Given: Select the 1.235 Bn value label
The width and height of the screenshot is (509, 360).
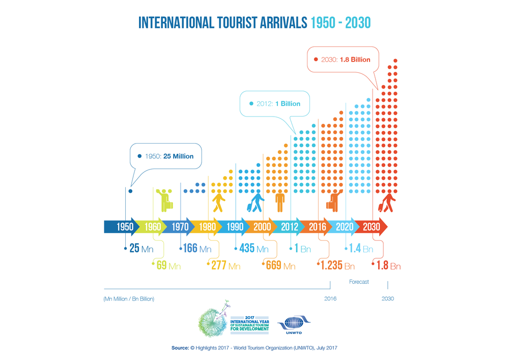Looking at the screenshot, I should (x=337, y=266).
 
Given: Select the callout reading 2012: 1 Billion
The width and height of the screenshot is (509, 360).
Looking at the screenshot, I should (x=275, y=103).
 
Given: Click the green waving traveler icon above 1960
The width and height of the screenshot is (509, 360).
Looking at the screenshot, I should (x=165, y=200).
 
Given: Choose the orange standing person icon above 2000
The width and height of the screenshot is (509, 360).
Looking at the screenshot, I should (x=279, y=201).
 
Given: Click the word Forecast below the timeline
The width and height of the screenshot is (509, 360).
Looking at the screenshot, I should (x=359, y=282).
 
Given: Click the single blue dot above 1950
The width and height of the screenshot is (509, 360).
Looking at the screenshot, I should (x=131, y=191).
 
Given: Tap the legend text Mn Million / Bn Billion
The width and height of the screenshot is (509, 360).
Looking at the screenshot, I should (x=129, y=299).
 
